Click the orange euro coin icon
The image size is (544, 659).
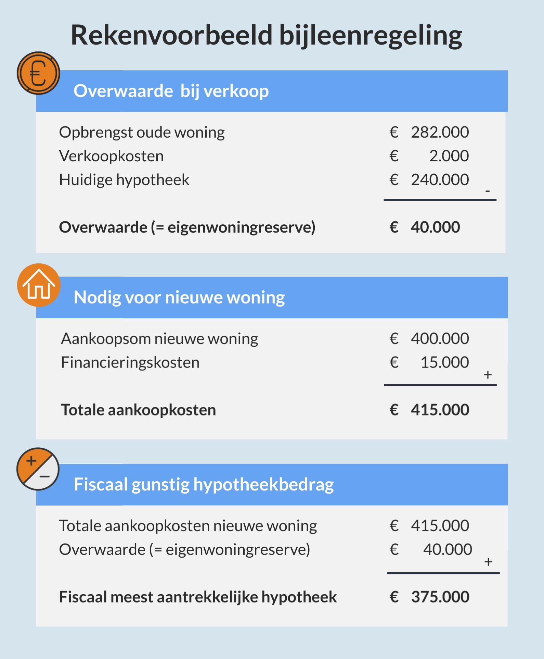(x=38, y=73)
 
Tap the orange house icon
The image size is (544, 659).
(x=39, y=285)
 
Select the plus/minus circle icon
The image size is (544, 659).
(x=38, y=469)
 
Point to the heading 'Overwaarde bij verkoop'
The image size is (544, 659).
(x=171, y=91)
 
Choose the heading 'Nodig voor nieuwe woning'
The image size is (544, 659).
(x=179, y=297)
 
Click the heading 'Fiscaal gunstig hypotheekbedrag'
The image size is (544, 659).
(x=204, y=484)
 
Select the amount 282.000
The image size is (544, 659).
(x=440, y=132)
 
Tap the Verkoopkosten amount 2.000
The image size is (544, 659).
(x=449, y=156)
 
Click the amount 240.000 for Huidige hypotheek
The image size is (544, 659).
(x=440, y=180)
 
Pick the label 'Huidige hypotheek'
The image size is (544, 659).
(x=124, y=180)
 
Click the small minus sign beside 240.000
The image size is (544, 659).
(x=488, y=191)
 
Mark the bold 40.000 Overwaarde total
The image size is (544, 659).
(x=435, y=227)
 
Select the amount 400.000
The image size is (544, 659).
(x=440, y=339)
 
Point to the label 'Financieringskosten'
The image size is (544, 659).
(x=130, y=362)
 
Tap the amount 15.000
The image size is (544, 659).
(x=444, y=362)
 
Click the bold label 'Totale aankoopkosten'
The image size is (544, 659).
(x=138, y=410)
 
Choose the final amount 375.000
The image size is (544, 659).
(x=440, y=597)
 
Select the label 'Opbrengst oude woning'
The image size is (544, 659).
(x=142, y=132)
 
